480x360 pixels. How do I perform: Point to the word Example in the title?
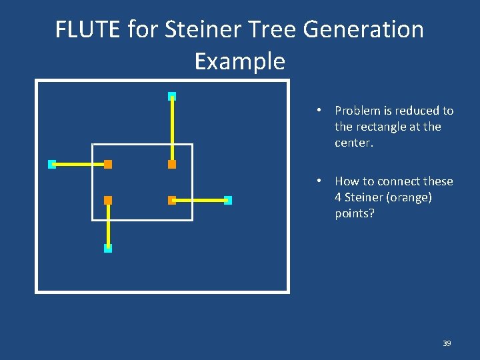point(239,61)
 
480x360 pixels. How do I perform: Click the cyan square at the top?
point(172,96)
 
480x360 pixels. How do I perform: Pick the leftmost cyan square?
point(52,164)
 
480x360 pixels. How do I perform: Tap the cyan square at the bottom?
point(108,248)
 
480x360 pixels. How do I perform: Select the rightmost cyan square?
point(228,200)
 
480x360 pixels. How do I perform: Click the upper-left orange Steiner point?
point(108,164)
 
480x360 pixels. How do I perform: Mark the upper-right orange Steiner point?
point(172,164)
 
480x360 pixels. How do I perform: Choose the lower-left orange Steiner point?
point(108,200)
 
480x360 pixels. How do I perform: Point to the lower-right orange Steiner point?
point(172,200)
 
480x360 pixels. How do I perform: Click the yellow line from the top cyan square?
point(172,130)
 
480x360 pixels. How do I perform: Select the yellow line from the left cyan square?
point(80,164)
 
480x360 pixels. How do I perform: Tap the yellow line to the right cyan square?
point(200,200)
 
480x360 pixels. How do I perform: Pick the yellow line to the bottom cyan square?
point(108,224)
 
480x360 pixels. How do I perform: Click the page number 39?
point(447,343)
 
